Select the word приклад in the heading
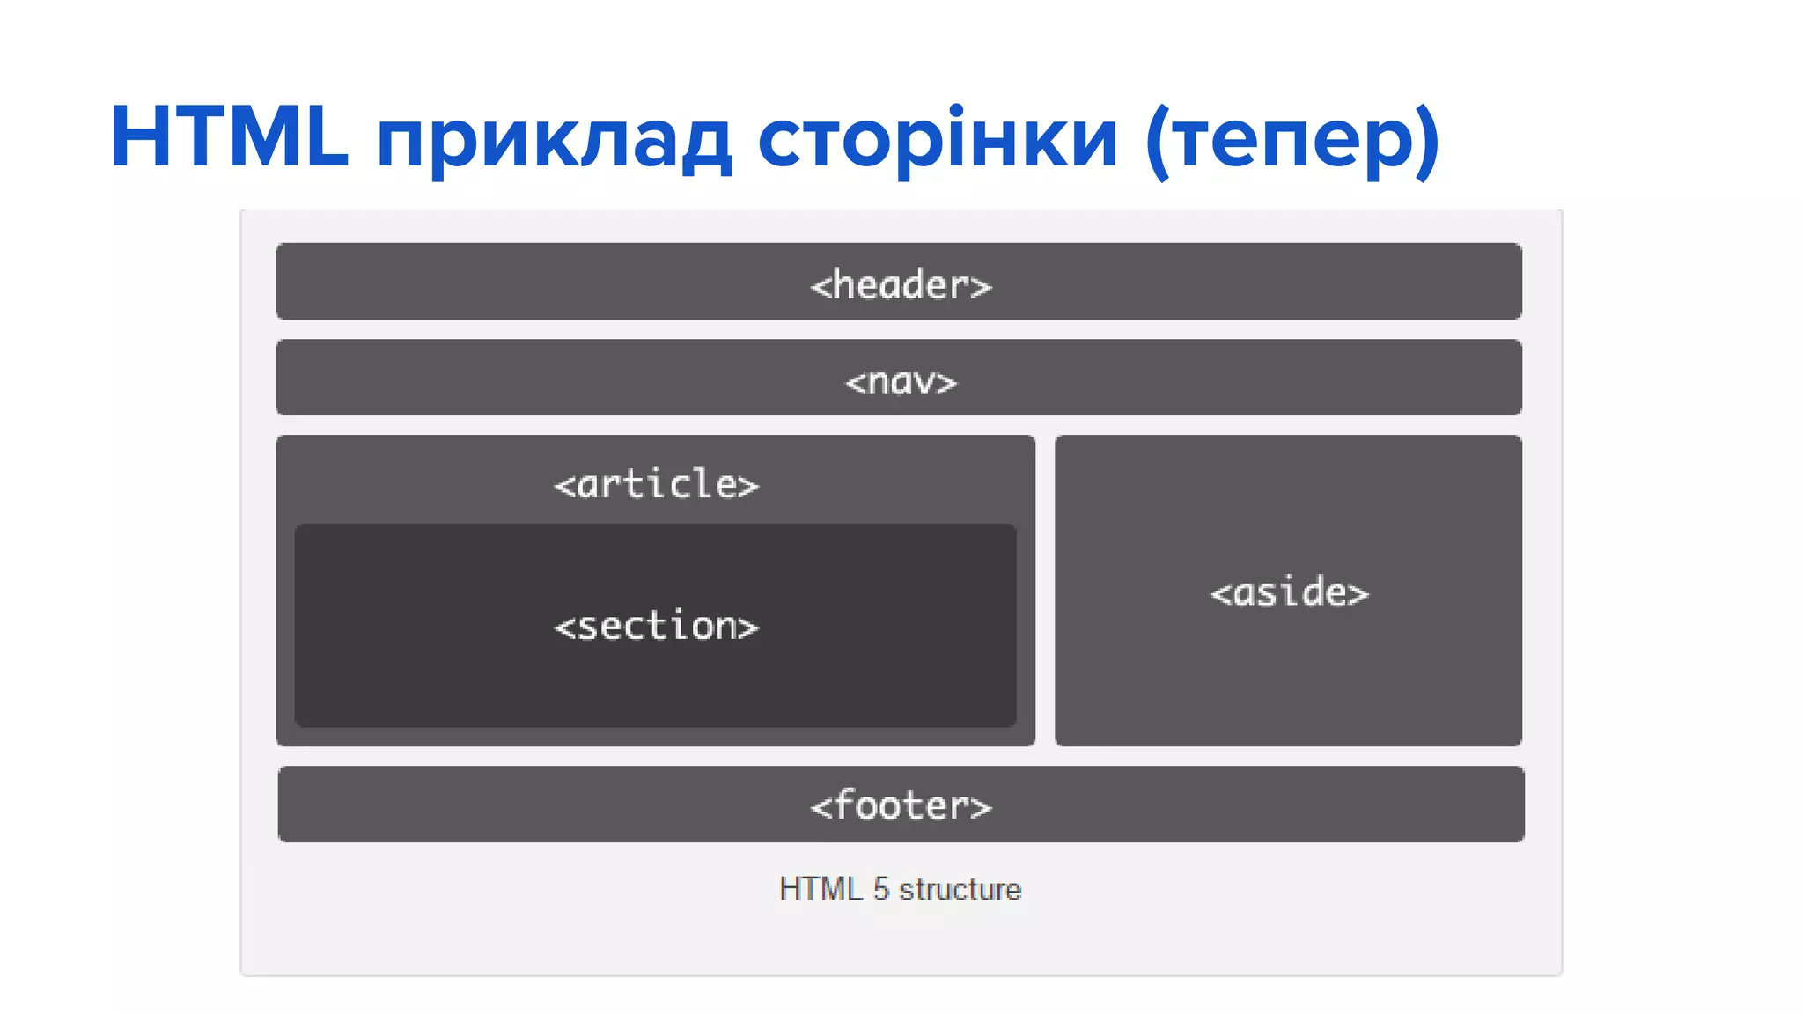tap(555, 141)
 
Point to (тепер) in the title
tap(1292, 141)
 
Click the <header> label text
tap(901, 285)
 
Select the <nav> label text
tap(901, 382)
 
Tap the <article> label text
tap(656, 484)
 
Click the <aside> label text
tap(1289, 592)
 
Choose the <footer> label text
tap(901, 805)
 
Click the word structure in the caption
tap(960, 889)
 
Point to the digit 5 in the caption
tap(881, 889)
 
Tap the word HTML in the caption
tap(821, 889)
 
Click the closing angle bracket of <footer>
tap(981, 807)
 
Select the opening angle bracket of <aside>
tap(1220, 594)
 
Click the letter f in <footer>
tap(845, 804)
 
